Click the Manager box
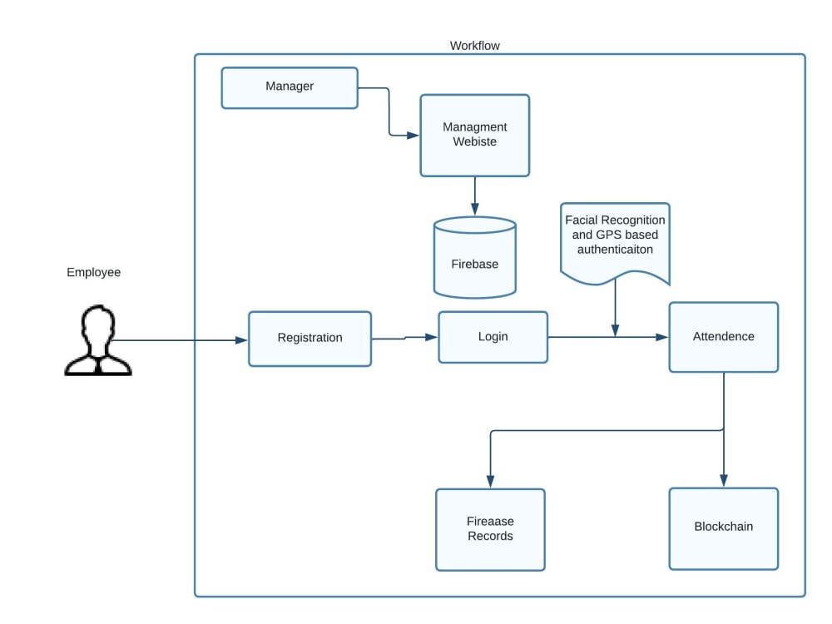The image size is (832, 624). pyautogui.click(x=290, y=88)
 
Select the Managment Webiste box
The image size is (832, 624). pyautogui.click(x=475, y=136)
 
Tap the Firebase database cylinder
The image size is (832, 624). pyautogui.click(x=475, y=257)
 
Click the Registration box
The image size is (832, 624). pyautogui.click(x=310, y=339)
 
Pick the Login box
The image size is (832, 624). pyautogui.click(x=493, y=338)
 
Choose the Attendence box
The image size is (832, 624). pyautogui.click(x=724, y=338)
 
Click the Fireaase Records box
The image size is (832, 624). pyautogui.click(x=490, y=529)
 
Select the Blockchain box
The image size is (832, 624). pyautogui.click(x=724, y=528)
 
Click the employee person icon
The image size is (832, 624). pyautogui.click(x=98, y=340)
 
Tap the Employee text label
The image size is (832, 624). pyautogui.click(x=94, y=272)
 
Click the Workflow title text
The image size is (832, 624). pyautogui.click(x=475, y=46)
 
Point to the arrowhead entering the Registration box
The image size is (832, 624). pyautogui.click(x=241, y=340)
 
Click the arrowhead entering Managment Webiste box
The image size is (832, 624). pyautogui.click(x=413, y=136)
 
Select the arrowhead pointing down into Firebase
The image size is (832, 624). pyautogui.click(x=475, y=209)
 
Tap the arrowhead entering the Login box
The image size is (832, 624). pyautogui.click(x=431, y=337)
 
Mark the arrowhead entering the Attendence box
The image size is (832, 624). pyautogui.click(x=661, y=337)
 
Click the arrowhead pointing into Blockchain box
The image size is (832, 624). pyautogui.click(x=724, y=481)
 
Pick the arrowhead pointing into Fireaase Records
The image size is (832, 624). pyautogui.click(x=490, y=482)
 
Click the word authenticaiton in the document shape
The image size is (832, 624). pyautogui.click(x=616, y=250)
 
